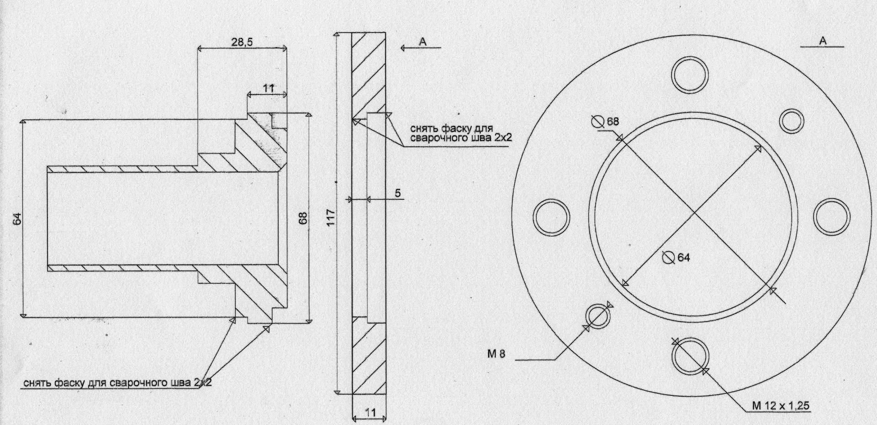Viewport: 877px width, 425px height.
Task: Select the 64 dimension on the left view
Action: (x=17, y=218)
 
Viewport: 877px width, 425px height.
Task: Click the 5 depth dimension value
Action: (x=398, y=193)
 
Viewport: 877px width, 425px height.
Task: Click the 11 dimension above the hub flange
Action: (x=268, y=88)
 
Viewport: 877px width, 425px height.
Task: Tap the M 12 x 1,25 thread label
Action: (x=782, y=406)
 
